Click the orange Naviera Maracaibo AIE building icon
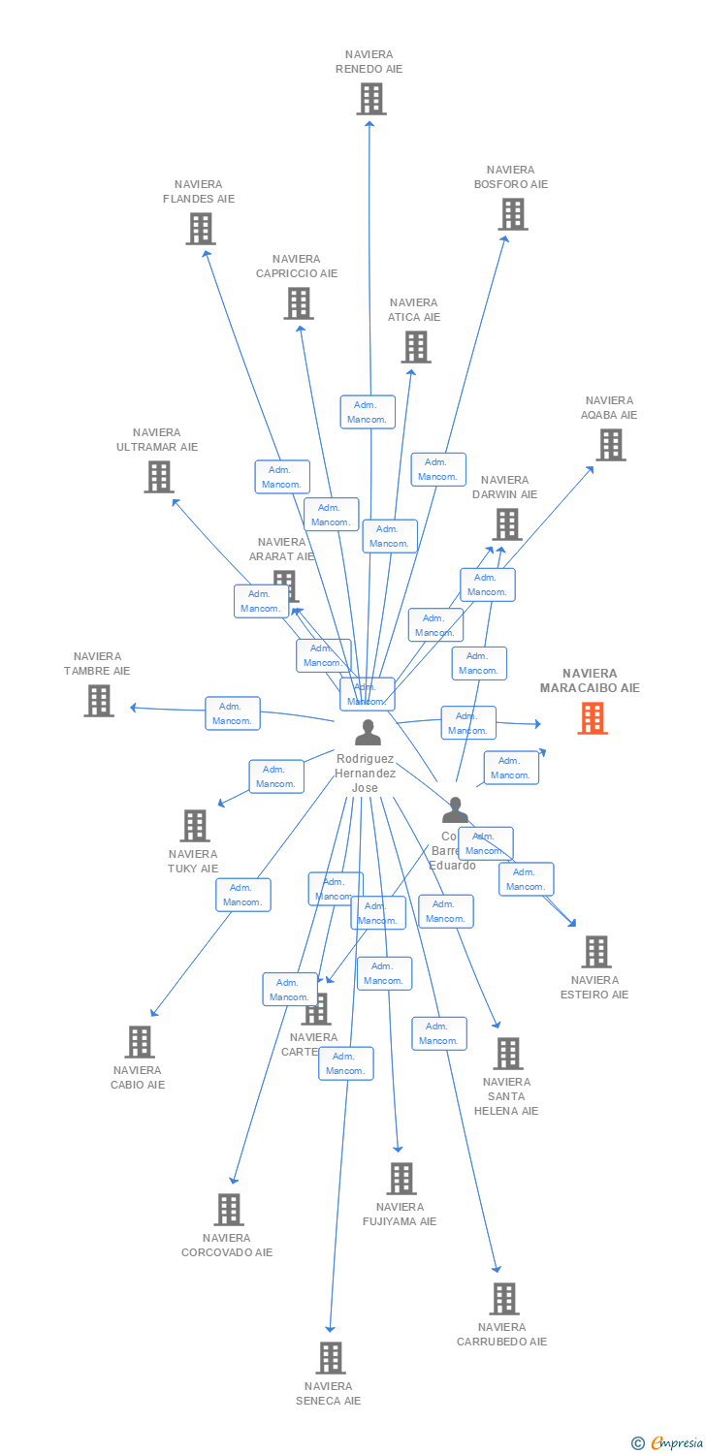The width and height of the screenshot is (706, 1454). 593,718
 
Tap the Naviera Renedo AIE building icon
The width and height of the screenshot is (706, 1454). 370,99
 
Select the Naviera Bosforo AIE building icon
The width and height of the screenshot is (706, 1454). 513,214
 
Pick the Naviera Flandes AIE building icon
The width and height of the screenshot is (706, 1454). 201,229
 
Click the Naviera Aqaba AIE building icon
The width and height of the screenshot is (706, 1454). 610,445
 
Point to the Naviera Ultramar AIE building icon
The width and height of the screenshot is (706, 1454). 159,477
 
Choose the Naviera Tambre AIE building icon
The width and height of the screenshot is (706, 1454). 99,701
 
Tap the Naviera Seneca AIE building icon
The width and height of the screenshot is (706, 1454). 331,1358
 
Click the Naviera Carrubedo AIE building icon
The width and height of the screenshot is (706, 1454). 503,1299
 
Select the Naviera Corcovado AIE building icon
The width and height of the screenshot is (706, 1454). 229,1210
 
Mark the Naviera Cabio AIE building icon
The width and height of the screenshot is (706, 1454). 140,1042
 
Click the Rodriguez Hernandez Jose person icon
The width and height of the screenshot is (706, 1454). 368,733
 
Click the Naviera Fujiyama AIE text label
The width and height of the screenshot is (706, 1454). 400,1214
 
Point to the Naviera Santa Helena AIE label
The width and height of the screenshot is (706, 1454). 506,1096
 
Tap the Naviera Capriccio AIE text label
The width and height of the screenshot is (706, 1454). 297,266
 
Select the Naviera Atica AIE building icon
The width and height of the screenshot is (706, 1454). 416,347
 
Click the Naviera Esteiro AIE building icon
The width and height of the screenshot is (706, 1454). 596,952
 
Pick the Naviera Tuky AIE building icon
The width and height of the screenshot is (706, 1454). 195,826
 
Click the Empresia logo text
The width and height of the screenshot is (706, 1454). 676,1443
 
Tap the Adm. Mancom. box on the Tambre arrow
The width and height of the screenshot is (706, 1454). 233,713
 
